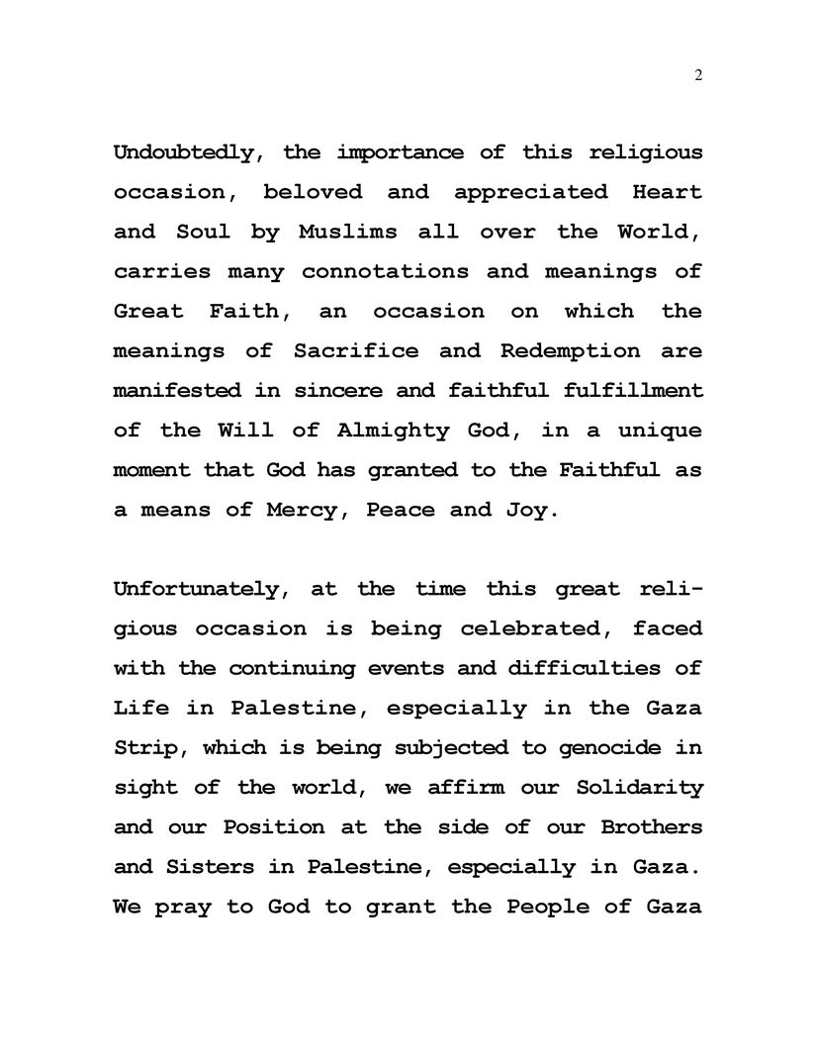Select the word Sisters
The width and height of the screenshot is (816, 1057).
click(223, 866)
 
